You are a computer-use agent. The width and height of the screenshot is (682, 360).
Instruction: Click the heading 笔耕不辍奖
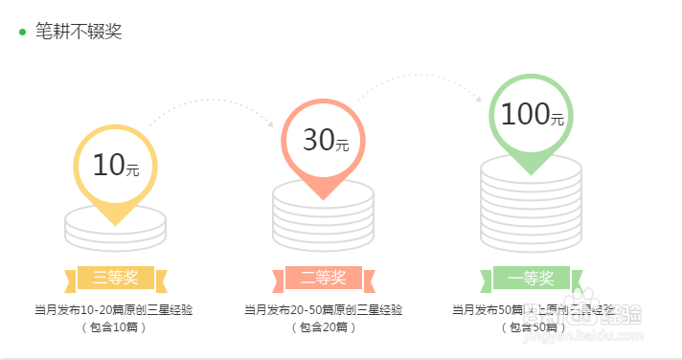pyautogui.click(x=80, y=32)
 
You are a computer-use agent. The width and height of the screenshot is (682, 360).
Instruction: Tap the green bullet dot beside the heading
pyautogui.click(x=22, y=33)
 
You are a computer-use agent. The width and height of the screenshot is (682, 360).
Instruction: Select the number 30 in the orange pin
pyautogui.click(x=317, y=141)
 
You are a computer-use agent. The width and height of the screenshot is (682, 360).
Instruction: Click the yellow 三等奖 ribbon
pyautogui.click(x=116, y=279)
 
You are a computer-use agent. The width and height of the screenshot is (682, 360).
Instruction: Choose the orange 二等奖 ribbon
pyautogui.click(x=323, y=279)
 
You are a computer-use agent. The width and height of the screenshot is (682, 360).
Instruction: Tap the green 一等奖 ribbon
pyautogui.click(x=531, y=279)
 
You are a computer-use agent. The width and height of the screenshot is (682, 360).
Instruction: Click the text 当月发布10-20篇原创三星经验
pyautogui.click(x=115, y=309)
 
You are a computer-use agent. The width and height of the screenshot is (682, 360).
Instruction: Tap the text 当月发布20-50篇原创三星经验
pyautogui.click(x=323, y=309)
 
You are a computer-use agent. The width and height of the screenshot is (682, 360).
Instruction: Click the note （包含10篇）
pyautogui.click(x=115, y=327)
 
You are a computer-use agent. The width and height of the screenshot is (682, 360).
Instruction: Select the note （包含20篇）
pyautogui.click(x=323, y=327)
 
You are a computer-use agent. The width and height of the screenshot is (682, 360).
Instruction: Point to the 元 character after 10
pyautogui.click(x=133, y=170)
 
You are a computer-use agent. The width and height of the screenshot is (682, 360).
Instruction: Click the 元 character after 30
pyautogui.click(x=342, y=146)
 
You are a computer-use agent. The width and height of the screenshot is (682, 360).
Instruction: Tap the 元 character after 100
pyautogui.click(x=557, y=119)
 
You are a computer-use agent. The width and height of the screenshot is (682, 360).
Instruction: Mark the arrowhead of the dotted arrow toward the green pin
pyautogui.click(x=479, y=97)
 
